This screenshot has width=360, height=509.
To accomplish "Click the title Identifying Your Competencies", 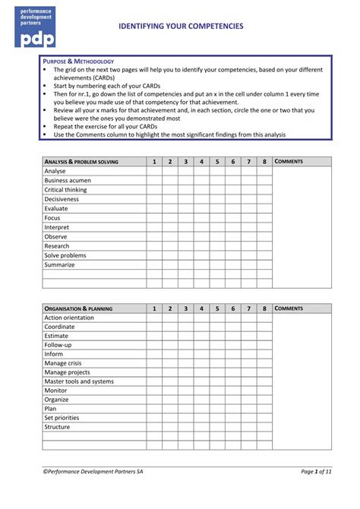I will click(x=181, y=26).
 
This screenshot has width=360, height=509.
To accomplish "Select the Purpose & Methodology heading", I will click(x=78, y=61).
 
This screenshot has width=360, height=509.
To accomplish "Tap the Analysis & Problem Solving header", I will click(x=81, y=162).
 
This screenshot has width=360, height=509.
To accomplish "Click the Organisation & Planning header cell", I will click(x=78, y=308).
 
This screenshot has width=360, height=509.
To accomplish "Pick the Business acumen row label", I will click(x=67, y=181).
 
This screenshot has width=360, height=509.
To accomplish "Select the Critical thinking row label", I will click(x=65, y=190).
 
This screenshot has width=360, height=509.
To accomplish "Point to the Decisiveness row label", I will click(x=62, y=199).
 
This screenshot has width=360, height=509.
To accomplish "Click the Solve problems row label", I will click(x=65, y=255).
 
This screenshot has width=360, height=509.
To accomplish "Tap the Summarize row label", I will click(x=59, y=264).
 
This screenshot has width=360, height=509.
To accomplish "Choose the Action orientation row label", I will click(x=69, y=318).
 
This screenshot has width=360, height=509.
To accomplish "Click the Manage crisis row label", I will click(x=63, y=363).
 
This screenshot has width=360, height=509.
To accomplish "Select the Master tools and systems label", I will click(x=79, y=381).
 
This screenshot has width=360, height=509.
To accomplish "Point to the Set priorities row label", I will click(x=62, y=418).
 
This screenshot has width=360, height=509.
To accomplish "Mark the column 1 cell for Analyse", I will click(x=154, y=171).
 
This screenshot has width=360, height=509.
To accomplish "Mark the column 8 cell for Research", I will click(x=264, y=246).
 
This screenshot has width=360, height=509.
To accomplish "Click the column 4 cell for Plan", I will click(x=201, y=409).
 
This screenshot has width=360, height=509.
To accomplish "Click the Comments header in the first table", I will click(x=289, y=162).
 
